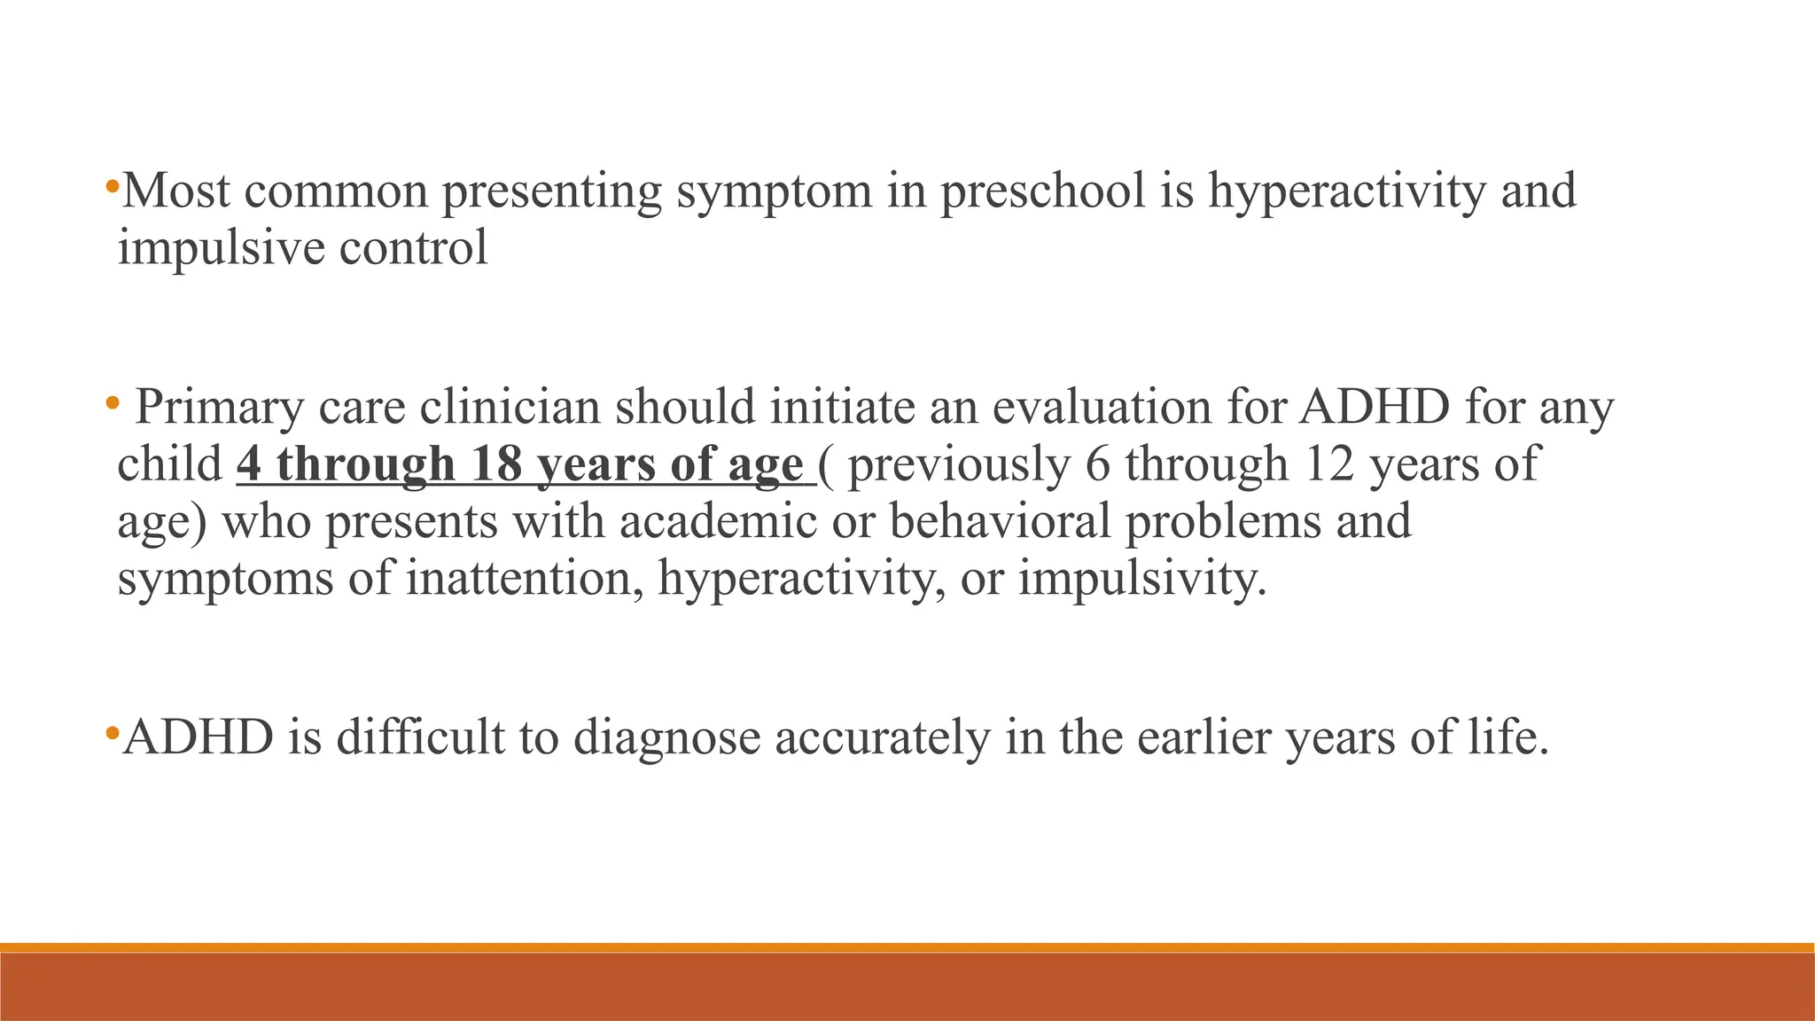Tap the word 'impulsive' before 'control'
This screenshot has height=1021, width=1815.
pyautogui.click(x=222, y=247)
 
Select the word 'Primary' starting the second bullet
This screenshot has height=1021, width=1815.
pyautogui.click(x=220, y=409)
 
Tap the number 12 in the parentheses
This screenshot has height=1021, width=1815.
pyautogui.click(x=1329, y=464)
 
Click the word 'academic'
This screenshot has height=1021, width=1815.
pyautogui.click(x=718, y=521)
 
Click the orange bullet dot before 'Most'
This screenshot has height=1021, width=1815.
pyautogui.click(x=111, y=187)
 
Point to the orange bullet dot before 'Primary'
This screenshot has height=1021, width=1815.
pyautogui.click(x=111, y=404)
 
